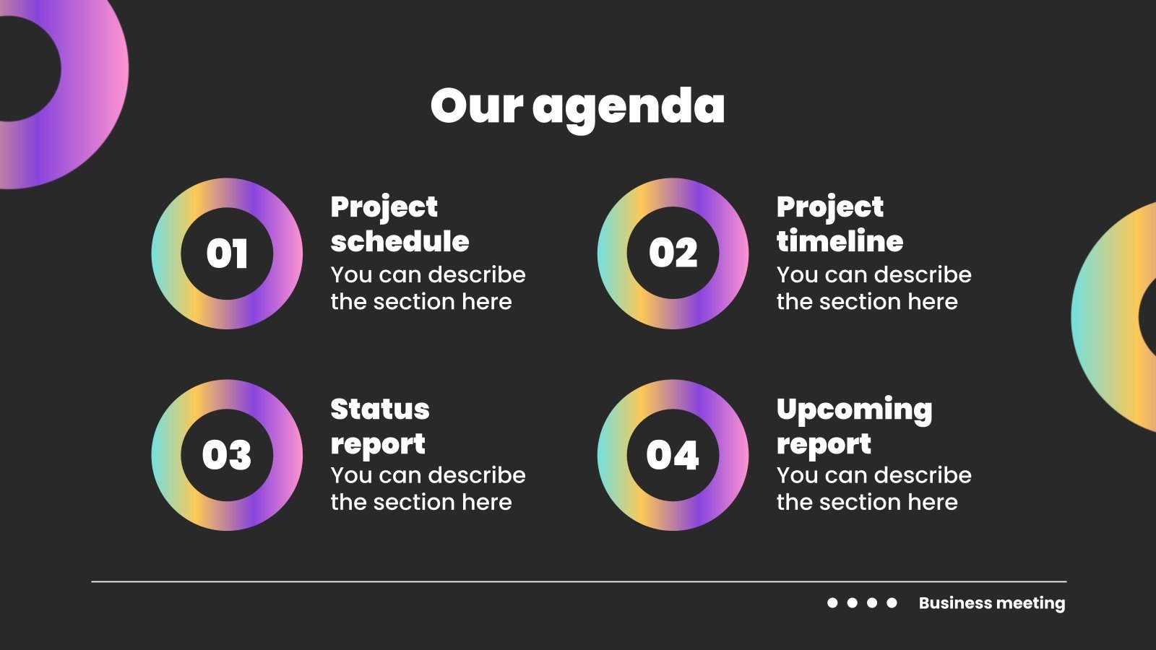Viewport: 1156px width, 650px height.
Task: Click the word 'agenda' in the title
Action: tap(629, 107)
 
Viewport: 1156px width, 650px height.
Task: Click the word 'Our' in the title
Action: tap(476, 106)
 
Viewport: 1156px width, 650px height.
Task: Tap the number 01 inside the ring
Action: tap(227, 253)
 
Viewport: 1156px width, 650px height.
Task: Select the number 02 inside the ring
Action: tap(673, 253)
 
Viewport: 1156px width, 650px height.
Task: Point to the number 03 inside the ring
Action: tap(227, 455)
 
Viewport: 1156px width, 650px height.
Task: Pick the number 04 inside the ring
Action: tap(673, 455)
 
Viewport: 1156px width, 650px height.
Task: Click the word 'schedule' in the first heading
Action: tap(400, 241)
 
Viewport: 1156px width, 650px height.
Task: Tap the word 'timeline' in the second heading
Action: tap(840, 241)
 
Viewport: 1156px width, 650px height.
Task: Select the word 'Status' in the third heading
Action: tap(380, 409)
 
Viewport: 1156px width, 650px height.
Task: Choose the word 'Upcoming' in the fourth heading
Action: tap(854, 410)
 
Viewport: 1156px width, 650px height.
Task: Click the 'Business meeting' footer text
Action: tap(991, 603)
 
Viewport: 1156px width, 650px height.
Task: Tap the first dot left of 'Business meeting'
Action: tap(832, 602)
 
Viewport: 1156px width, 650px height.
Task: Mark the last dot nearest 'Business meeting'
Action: tap(892, 602)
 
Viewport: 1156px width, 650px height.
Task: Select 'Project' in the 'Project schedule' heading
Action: tap(384, 208)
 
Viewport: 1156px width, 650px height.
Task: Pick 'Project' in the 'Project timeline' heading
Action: tap(829, 208)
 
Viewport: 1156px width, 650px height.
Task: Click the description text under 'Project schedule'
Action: tap(427, 288)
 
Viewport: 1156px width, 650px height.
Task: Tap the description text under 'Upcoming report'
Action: tap(873, 489)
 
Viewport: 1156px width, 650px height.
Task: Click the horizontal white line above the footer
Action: tap(578, 581)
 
